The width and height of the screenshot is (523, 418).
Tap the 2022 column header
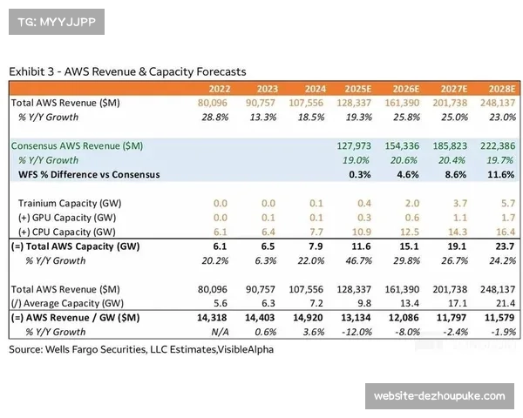tap(219, 89)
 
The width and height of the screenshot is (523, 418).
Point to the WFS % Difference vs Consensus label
tap(89, 174)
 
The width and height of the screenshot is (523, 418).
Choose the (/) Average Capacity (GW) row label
tap(65, 301)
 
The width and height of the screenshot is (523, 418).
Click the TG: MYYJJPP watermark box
tap(55, 21)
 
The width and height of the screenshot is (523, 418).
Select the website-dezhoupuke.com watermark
tap(438, 396)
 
